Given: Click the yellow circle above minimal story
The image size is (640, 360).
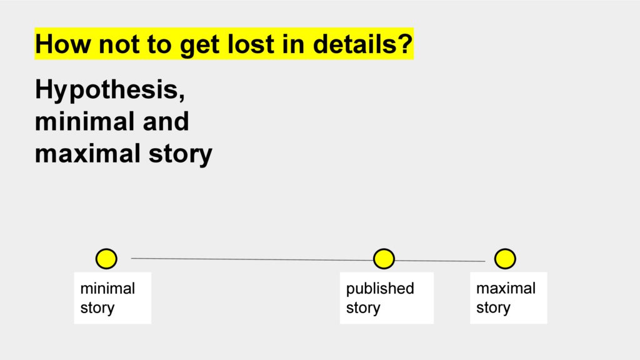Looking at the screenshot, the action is (x=106, y=259).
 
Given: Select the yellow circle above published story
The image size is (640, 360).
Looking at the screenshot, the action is (x=384, y=259).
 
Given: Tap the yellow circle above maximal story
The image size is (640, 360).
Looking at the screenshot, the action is (x=505, y=259).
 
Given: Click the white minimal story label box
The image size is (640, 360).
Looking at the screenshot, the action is (x=112, y=298).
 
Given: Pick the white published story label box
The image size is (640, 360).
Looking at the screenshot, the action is (x=386, y=298).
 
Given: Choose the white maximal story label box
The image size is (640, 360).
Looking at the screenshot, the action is (x=509, y=298).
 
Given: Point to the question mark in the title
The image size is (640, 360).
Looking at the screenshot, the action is (x=405, y=44).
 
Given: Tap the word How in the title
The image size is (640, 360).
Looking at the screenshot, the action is (x=63, y=44).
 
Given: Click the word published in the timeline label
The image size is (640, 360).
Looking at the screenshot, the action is (x=380, y=289).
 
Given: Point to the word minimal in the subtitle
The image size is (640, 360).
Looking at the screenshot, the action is (x=85, y=121).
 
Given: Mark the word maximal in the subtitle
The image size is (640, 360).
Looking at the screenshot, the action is (x=87, y=154).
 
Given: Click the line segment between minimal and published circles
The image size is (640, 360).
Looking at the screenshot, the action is (x=252, y=259).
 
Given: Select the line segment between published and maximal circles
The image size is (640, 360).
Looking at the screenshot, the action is (x=440, y=261).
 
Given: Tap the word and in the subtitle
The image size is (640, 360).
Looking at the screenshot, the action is (x=166, y=121).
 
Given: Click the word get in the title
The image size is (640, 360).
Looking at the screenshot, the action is (x=199, y=45).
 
